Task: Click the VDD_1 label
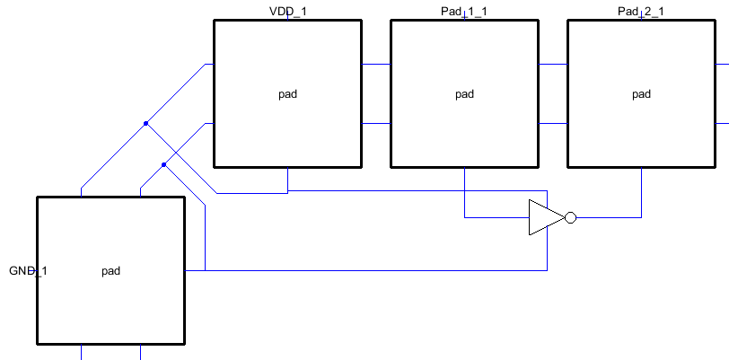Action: pyautogui.click(x=287, y=11)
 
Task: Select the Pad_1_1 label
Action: pyautogui.click(x=464, y=11)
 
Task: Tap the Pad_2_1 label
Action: pyautogui.click(x=641, y=11)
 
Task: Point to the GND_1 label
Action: pyautogui.click(x=28, y=270)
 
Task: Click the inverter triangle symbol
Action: pyautogui.click(x=543, y=217)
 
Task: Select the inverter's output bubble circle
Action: pyautogui.click(x=570, y=217)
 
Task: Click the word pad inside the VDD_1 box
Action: pyautogui.click(x=287, y=93)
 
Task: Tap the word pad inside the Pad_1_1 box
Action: pyautogui.click(x=464, y=93)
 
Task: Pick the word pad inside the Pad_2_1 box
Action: pyautogui.click(x=641, y=93)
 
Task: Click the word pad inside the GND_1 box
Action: pyautogui.click(x=110, y=270)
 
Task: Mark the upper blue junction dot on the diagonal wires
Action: pyautogui.click(x=145, y=124)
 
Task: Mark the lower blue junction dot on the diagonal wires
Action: pyautogui.click(x=163, y=165)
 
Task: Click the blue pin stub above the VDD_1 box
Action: pyautogui.click(x=287, y=17)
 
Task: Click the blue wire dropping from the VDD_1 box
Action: pyautogui.click(x=287, y=180)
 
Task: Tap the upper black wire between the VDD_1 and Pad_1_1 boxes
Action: pyautogui.click(x=376, y=65)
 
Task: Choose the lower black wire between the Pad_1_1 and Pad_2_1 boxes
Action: pyautogui.click(x=553, y=124)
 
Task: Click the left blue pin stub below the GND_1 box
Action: pyautogui.click(x=82, y=352)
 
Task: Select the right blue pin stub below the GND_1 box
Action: pyautogui.click(x=140, y=352)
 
